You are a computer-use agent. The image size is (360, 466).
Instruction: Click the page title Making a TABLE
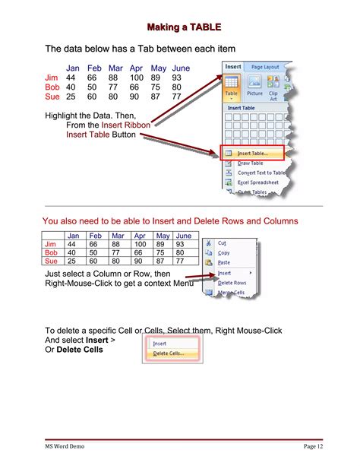(x=184, y=27)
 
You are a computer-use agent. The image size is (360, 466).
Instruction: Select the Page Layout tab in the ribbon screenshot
(x=266, y=67)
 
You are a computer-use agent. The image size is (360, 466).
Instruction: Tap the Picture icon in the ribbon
(x=254, y=86)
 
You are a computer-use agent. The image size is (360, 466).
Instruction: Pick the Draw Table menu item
(x=251, y=163)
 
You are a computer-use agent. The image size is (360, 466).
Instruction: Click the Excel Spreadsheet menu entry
(x=257, y=182)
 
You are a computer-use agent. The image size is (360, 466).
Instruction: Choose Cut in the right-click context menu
(x=223, y=243)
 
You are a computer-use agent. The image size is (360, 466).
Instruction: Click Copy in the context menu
(x=224, y=253)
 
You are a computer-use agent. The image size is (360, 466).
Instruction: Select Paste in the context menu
(x=224, y=262)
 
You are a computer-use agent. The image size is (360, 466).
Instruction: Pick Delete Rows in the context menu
(x=232, y=283)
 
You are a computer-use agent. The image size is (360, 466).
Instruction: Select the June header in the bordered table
(x=183, y=236)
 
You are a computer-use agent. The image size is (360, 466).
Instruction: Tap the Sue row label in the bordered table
(x=52, y=261)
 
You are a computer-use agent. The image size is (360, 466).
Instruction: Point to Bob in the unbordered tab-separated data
(x=52, y=87)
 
